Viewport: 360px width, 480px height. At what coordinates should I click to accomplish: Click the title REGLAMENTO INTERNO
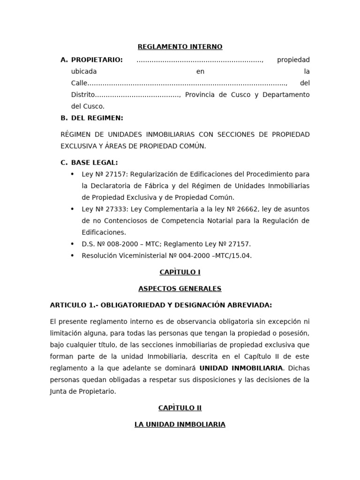pos(180,47)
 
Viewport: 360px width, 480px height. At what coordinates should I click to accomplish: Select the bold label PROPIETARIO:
pos(97,60)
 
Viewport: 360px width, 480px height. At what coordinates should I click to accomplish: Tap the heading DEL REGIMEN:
pos(97,118)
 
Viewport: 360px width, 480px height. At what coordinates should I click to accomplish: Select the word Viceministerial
pos(141,256)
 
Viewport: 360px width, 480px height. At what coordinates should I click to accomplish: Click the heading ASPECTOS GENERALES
pos(180,289)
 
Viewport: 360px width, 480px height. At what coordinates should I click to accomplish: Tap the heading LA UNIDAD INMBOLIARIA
pos(180,425)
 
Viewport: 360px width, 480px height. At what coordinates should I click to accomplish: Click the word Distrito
pos(83,95)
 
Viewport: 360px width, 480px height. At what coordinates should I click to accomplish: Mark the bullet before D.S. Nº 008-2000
pos(72,244)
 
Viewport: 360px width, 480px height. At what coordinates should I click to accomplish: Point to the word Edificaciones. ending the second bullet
pos(104,232)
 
